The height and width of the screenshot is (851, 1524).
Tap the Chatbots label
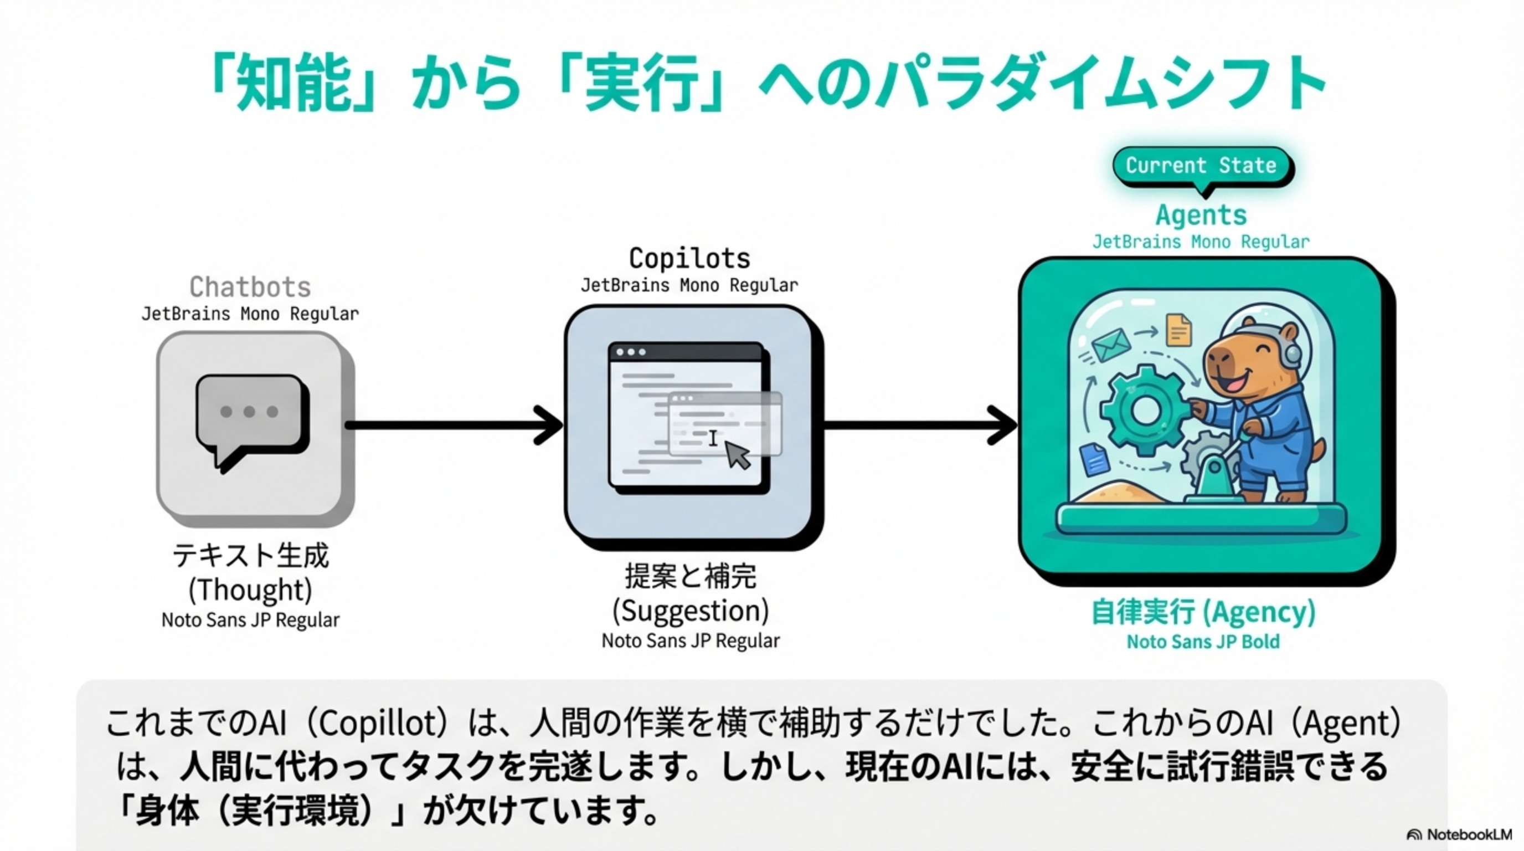click(250, 288)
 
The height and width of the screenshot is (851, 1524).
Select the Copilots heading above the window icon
click(690, 259)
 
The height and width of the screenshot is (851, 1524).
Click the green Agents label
click(1201, 215)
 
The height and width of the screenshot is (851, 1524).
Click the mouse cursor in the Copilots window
click(737, 455)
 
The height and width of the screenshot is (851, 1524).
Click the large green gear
click(1145, 408)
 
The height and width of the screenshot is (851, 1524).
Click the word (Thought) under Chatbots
click(250, 589)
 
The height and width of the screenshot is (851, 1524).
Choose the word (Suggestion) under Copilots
click(691, 611)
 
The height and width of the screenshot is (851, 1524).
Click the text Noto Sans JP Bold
click(1203, 642)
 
